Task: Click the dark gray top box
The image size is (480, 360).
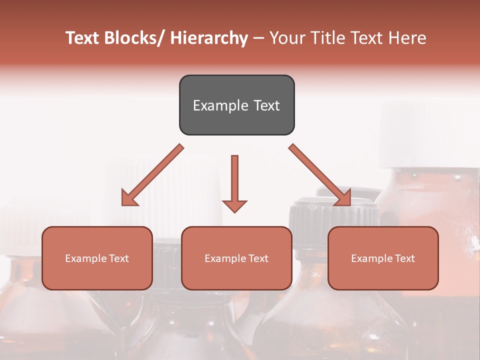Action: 236,105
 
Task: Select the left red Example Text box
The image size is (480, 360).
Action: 97,258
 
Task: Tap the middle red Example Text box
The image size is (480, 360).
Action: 236,258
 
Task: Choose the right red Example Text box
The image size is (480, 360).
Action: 383,258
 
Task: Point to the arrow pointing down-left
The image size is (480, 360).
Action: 152,175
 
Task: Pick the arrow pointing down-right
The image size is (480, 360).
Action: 320,175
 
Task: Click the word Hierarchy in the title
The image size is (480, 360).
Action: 208,38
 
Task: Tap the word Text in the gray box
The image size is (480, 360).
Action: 266,105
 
